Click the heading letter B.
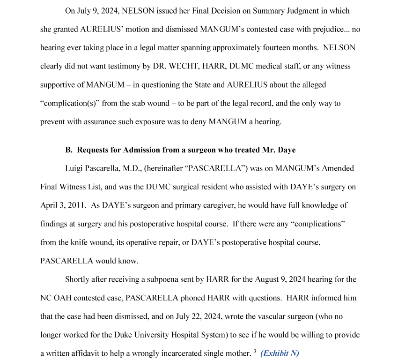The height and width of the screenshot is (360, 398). pyautogui.click(x=68, y=150)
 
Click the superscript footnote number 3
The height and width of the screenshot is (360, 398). pyautogui.click(x=254, y=351)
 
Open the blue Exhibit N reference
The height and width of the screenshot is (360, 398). pyautogui.click(x=280, y=353)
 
